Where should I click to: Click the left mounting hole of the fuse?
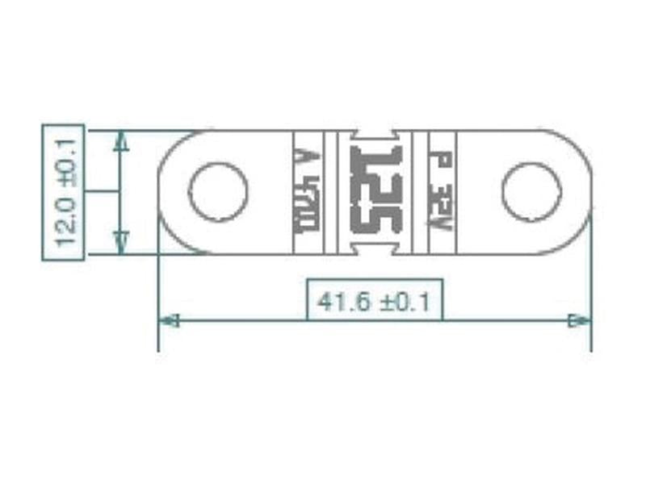coord(218,192)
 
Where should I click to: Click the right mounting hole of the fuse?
coord(531,192)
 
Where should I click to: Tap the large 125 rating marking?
coord(376,191)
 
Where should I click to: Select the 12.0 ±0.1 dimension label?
coord(64,192)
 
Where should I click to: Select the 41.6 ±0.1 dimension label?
coord(375,302)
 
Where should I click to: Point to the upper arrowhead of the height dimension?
coord(121,140)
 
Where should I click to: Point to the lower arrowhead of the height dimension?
coord(121,243)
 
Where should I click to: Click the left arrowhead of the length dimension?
coord(168,320)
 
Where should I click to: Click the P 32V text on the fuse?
coord(441,192)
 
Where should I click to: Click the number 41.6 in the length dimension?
coord(344,302)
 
